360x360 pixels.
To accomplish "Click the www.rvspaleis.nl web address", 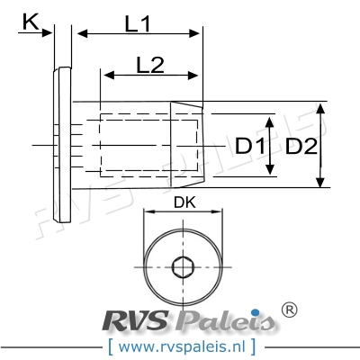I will [x=179, y=345].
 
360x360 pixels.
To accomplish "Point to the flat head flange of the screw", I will [x=60, y=144].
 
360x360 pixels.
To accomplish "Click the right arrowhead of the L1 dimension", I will [x=197, y=33].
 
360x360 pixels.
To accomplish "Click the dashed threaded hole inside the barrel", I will [x=135, y=144].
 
